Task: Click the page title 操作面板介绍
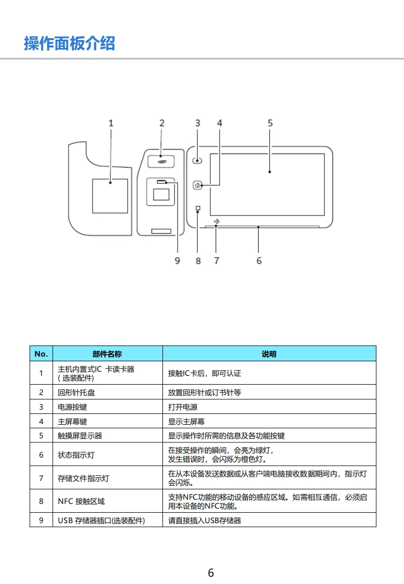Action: click(69, 43)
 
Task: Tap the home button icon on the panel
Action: click(197, 185)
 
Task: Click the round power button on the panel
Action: click(197, 161)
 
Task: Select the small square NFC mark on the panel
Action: click(198, 208)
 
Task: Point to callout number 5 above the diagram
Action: click(270, 123)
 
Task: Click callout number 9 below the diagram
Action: click(177, 260)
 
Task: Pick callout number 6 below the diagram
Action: click(259, 260)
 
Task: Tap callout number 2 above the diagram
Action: click(161, 123)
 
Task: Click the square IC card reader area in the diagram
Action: click(110, 196)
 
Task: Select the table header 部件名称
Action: click(107, 354)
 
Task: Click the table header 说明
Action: click(269, 354)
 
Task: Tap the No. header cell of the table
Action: click(41, 354)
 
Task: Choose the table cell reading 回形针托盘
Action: click(76, 392)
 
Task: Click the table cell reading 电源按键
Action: click(72, 407)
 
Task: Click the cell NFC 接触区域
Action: click(81, 501)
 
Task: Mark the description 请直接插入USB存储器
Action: click(205, 520)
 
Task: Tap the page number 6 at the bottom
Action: click(211, 573)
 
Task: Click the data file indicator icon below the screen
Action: click(217, 222)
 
